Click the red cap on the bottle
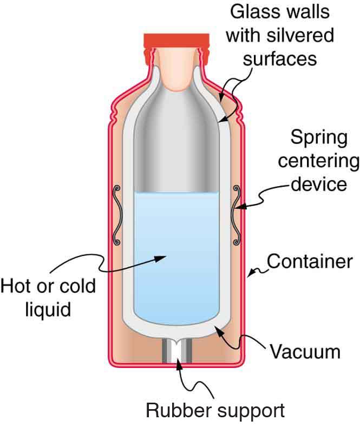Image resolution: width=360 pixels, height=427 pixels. (176, 41)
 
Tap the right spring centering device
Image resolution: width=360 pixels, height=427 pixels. (236, 214)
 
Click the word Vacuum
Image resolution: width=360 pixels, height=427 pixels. (305, 352)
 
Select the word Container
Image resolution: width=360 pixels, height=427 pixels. (310, 262)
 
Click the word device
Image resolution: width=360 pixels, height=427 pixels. (318, 184)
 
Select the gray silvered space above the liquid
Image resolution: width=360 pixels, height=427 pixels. (176, 146)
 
